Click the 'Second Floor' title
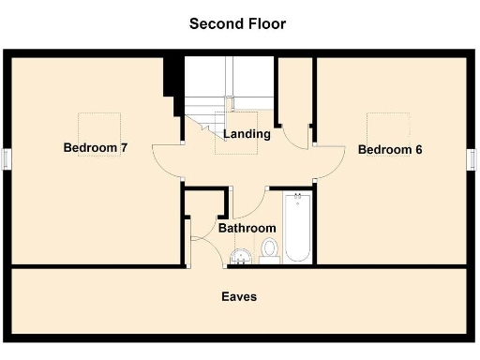237,23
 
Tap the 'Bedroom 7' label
95,147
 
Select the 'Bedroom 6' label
389,149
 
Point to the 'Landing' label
247,134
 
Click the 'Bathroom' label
247,228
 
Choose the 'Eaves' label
239,296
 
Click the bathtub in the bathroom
297,228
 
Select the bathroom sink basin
242,254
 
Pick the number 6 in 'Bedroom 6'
416,149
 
